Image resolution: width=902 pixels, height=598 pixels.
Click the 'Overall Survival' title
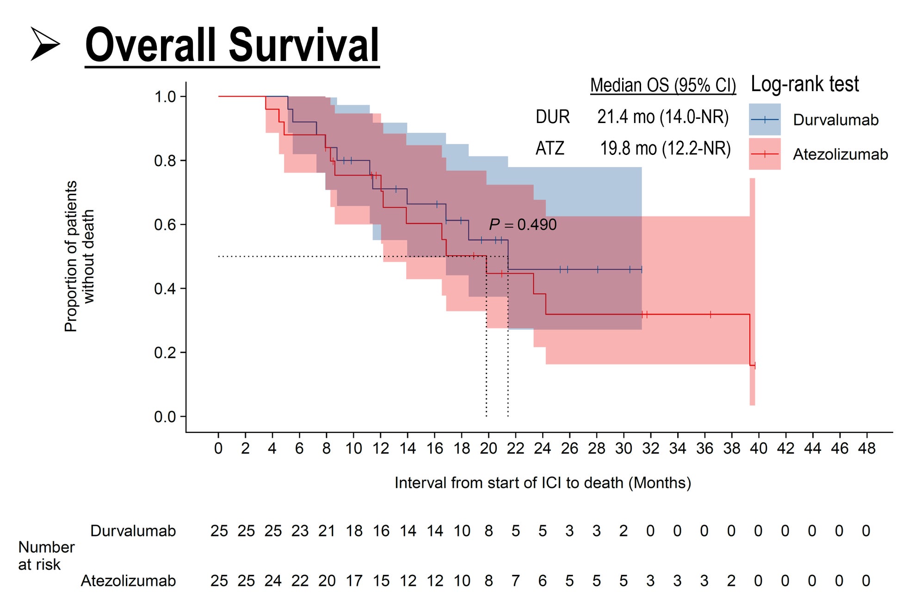[232, 45]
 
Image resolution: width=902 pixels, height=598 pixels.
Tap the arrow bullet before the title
[45, 44]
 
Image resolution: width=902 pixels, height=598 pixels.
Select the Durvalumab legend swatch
[764, 119]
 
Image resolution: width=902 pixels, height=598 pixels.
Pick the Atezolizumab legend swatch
[764, 154]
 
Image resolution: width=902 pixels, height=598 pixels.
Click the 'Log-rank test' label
[804, 85]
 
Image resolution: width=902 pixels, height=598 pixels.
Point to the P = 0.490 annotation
[523, 225]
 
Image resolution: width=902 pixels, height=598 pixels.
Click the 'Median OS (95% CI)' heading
[662, 86]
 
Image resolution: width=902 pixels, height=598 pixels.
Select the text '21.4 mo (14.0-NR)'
[662, 117]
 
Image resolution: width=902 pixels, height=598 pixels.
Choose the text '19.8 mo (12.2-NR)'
[665, 148]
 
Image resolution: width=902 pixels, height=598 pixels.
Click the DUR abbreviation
[552, 117]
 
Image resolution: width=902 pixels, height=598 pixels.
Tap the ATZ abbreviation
[550, 148]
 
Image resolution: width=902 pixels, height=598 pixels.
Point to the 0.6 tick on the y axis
[165, 225]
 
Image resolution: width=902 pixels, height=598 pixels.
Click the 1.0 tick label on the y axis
[165, 97]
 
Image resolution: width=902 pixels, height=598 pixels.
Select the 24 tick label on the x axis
[542, 448]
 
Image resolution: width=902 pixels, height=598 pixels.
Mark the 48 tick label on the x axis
[866, 448]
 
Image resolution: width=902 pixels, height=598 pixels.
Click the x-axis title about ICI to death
[542, 483]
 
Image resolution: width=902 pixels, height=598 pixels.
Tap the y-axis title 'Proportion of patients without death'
[79, 256]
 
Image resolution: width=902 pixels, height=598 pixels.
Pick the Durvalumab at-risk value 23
[300, 531]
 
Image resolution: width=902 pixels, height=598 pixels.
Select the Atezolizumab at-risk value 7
[515, 581]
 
